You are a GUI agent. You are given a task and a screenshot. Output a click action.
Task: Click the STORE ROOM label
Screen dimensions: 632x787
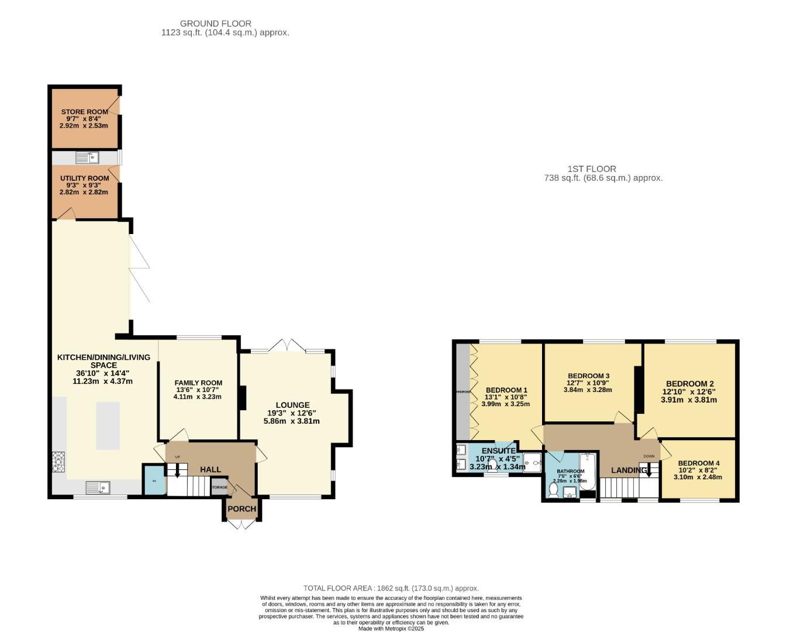click(x=84, y=112)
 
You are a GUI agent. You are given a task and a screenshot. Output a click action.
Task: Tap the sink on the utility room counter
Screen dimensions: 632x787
click(x=87, y=157)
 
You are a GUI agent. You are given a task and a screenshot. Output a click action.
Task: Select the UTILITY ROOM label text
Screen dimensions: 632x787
click(x=84, y=178)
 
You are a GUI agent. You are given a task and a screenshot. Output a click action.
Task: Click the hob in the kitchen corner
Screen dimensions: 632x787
click(x=58, y=462)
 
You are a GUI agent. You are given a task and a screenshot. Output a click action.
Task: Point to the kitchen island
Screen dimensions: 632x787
click(x=108, y=425)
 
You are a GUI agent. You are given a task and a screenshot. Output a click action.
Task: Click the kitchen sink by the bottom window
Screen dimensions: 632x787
click(x=98, y=487)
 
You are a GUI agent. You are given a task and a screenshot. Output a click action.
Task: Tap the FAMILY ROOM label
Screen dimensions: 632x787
click(x=198, y=383)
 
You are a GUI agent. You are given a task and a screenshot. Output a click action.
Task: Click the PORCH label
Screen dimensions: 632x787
click(x=241, y=509)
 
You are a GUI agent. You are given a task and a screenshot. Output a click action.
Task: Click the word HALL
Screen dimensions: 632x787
click(x=210, y=469)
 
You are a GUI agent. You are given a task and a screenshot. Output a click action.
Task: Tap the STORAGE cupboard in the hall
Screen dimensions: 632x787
click(x=219, y=487)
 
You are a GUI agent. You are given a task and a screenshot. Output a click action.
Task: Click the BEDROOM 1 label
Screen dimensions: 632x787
click(x=506, y=390)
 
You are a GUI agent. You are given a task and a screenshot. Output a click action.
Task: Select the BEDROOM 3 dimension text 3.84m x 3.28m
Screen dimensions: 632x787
click(x=588, y=390)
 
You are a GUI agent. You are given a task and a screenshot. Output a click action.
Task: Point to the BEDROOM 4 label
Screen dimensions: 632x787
click(x=698, y=463)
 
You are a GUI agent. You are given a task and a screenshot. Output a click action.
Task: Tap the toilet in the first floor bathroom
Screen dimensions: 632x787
click(x=553, y=488)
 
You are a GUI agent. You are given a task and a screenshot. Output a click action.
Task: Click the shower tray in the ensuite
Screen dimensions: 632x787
click(x=532, y=462)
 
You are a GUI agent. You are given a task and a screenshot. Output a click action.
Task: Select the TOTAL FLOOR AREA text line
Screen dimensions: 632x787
click(x=391, y=588)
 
